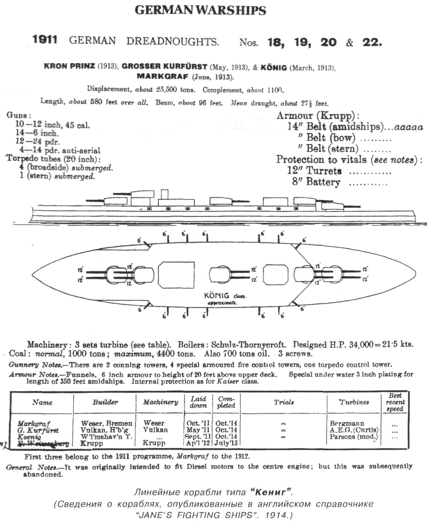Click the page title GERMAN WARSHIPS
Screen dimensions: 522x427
pos(200,10)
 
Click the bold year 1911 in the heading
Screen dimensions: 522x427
pos(45,40)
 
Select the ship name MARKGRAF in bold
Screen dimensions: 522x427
pos(162,76)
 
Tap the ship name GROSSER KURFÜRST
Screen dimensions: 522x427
pos(164,67)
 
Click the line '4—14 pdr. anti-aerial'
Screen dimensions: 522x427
pos(60,150)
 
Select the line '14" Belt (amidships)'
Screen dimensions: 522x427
pos(335,126)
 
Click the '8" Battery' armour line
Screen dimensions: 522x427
pos(316,182)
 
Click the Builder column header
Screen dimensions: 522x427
pos(105,402)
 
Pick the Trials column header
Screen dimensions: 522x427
pos(284,402)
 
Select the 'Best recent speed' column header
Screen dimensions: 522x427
pos(395,402)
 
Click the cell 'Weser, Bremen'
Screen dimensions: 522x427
pos(107,423)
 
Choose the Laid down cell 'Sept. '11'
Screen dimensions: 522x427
pos(198,436)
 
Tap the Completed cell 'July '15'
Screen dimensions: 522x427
pos(226,443)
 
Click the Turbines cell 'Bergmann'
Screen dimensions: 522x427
pos(347,423)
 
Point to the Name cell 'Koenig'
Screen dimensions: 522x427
pos(29,437)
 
